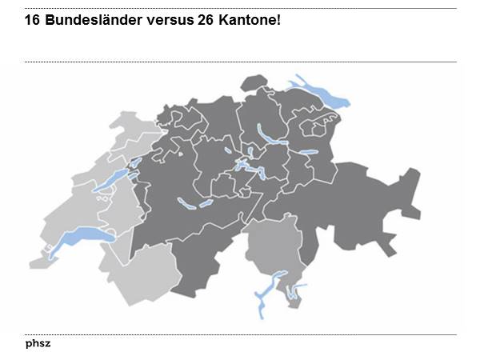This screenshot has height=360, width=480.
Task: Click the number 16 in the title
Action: pos(34,18)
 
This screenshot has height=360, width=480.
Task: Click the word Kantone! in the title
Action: pos(250,18)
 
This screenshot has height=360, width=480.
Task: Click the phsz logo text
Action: pos(38,343)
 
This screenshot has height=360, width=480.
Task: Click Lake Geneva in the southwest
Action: pos(76,238)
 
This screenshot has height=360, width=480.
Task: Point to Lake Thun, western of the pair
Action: pos(186,202)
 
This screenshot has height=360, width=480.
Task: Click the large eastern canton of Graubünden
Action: pos(368,204)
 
